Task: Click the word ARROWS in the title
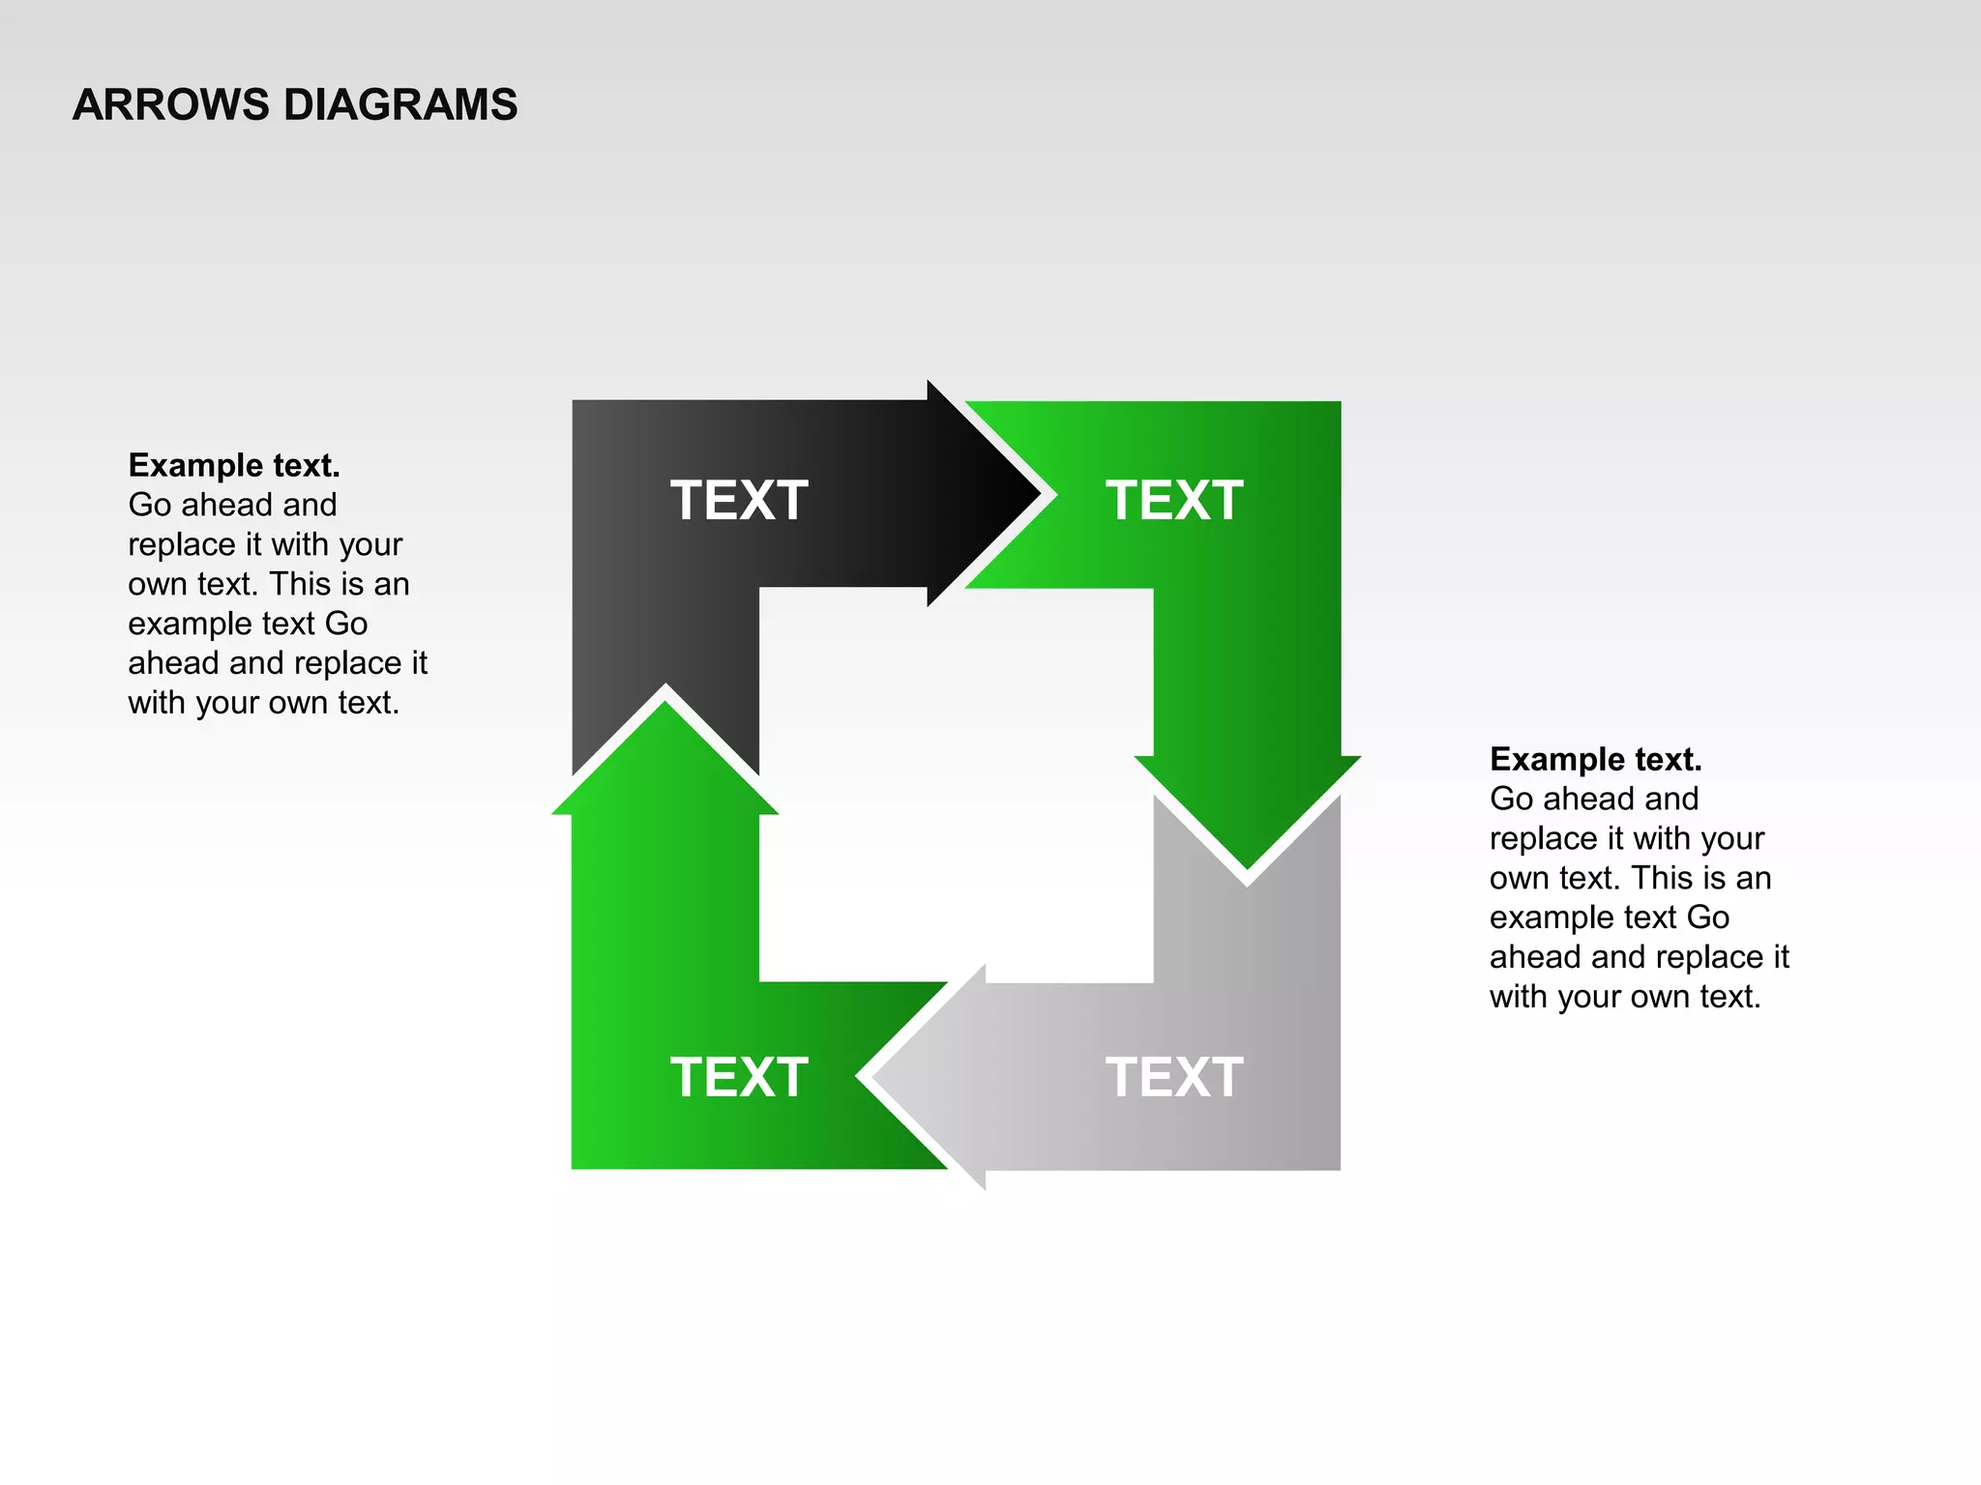pos(170,104)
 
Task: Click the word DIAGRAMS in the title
pos(400,104)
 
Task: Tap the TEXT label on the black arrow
pos(739,501)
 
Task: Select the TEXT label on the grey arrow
pos(1174,1077)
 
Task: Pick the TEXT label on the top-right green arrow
pos(1174,501)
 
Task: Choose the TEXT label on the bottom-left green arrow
pos(739,1077)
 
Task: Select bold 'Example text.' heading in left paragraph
pos(234,466)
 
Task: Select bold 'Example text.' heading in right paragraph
pos(1595,760)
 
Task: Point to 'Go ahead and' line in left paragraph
pos(232,505)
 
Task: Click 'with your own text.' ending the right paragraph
pos(1625,997)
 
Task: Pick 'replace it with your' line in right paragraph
pos(1627,838)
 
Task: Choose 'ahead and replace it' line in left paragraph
pos(278,663)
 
